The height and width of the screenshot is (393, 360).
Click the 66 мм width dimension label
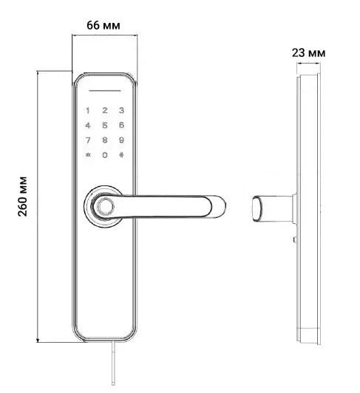pos(103,24)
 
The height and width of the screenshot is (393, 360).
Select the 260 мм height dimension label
pos(22,206)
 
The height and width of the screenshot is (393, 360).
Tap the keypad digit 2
pos(105,111)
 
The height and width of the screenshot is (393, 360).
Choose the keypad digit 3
pos(121,111)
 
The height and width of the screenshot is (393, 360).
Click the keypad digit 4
pos(88,126)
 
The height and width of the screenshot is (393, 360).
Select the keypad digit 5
pos(105,126)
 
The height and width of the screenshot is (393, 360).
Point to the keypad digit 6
pos(121,126)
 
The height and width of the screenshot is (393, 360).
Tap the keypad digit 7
pos(88,140)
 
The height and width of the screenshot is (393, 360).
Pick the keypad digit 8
pos(105,140)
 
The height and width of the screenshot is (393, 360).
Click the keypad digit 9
pos(121,140)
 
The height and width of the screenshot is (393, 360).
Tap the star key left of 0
pos(88,155)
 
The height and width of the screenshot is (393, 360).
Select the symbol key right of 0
pos(121,155)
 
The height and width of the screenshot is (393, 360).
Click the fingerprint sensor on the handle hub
pos(105,206)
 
